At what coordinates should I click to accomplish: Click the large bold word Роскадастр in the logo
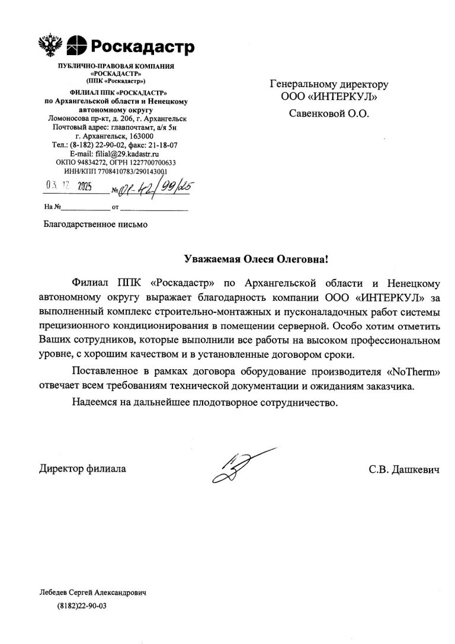pos(141,45)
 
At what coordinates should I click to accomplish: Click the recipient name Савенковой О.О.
pos(328,113)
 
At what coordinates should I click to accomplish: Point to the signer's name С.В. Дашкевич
pos(403,469)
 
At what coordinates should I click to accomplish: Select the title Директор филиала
pos(83,469)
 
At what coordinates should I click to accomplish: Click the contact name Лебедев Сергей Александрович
pos(92,592)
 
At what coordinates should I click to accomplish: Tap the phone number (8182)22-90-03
pos(82,607)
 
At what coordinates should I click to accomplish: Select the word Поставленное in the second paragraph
pos(101,371)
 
